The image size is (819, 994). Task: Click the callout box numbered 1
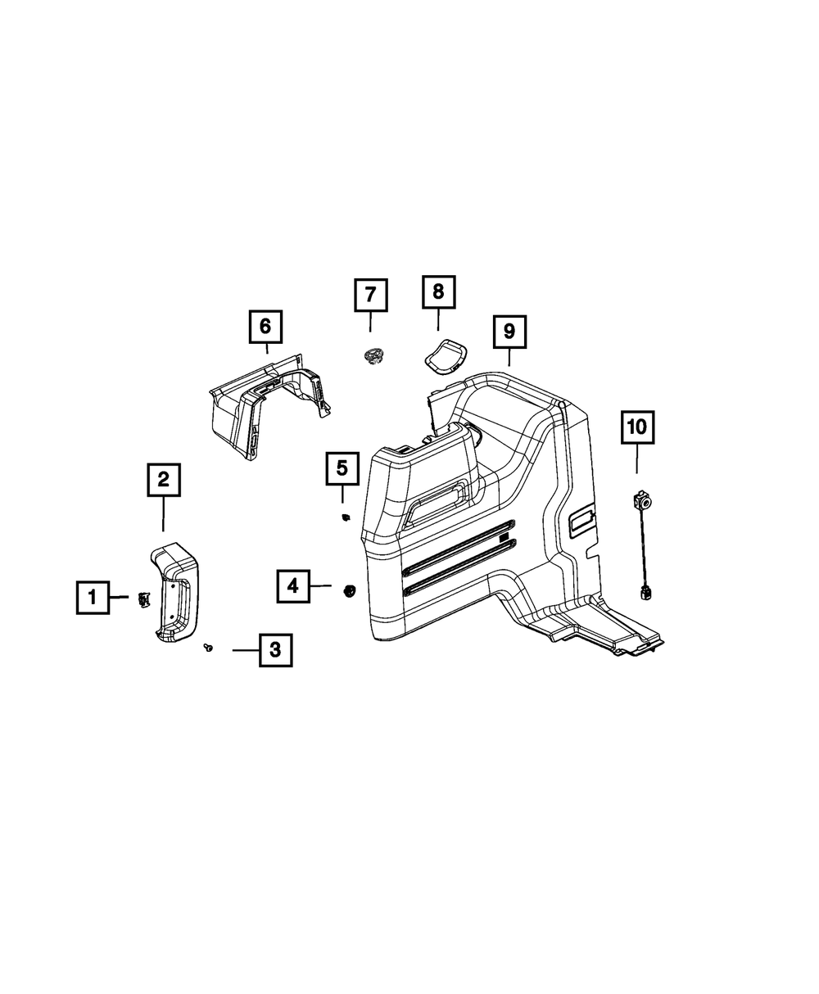coord(93,598)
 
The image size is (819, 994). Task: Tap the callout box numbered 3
coord(275,650)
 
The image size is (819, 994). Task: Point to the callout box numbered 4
coord(292,585)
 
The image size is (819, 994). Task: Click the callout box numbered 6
coord(265,327)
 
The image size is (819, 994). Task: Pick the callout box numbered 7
coord(370,295)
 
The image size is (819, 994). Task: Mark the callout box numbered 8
coord(438,291)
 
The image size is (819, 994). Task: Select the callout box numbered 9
coord(509,332)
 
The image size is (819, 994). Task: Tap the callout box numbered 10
coord(637,427)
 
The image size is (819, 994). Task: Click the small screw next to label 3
coord(209,648)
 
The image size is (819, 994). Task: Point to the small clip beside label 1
coord(144,599)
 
